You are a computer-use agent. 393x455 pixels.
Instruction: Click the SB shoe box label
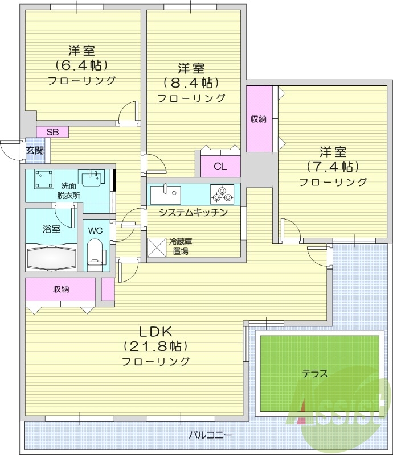[x=52, y=132]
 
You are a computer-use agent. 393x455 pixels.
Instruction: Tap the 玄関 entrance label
[x=34, y=151]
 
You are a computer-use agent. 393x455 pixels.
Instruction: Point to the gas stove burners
[x=222, y=194]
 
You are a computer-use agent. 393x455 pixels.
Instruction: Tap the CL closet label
[x=220, y=167]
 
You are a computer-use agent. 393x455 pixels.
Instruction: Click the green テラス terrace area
[x=319, y=374]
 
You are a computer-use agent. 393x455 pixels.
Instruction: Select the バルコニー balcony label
[x=210, y=435]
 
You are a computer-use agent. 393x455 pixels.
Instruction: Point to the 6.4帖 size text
[x=81, y=65]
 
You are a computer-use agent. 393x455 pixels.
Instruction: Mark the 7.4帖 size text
[x=333, y=167]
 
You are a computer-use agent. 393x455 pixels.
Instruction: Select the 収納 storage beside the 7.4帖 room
[x=259, y=119]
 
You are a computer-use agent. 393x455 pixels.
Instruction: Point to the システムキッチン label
[x=194, y=213]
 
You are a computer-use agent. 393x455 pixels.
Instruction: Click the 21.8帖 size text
[x=155, y=346]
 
